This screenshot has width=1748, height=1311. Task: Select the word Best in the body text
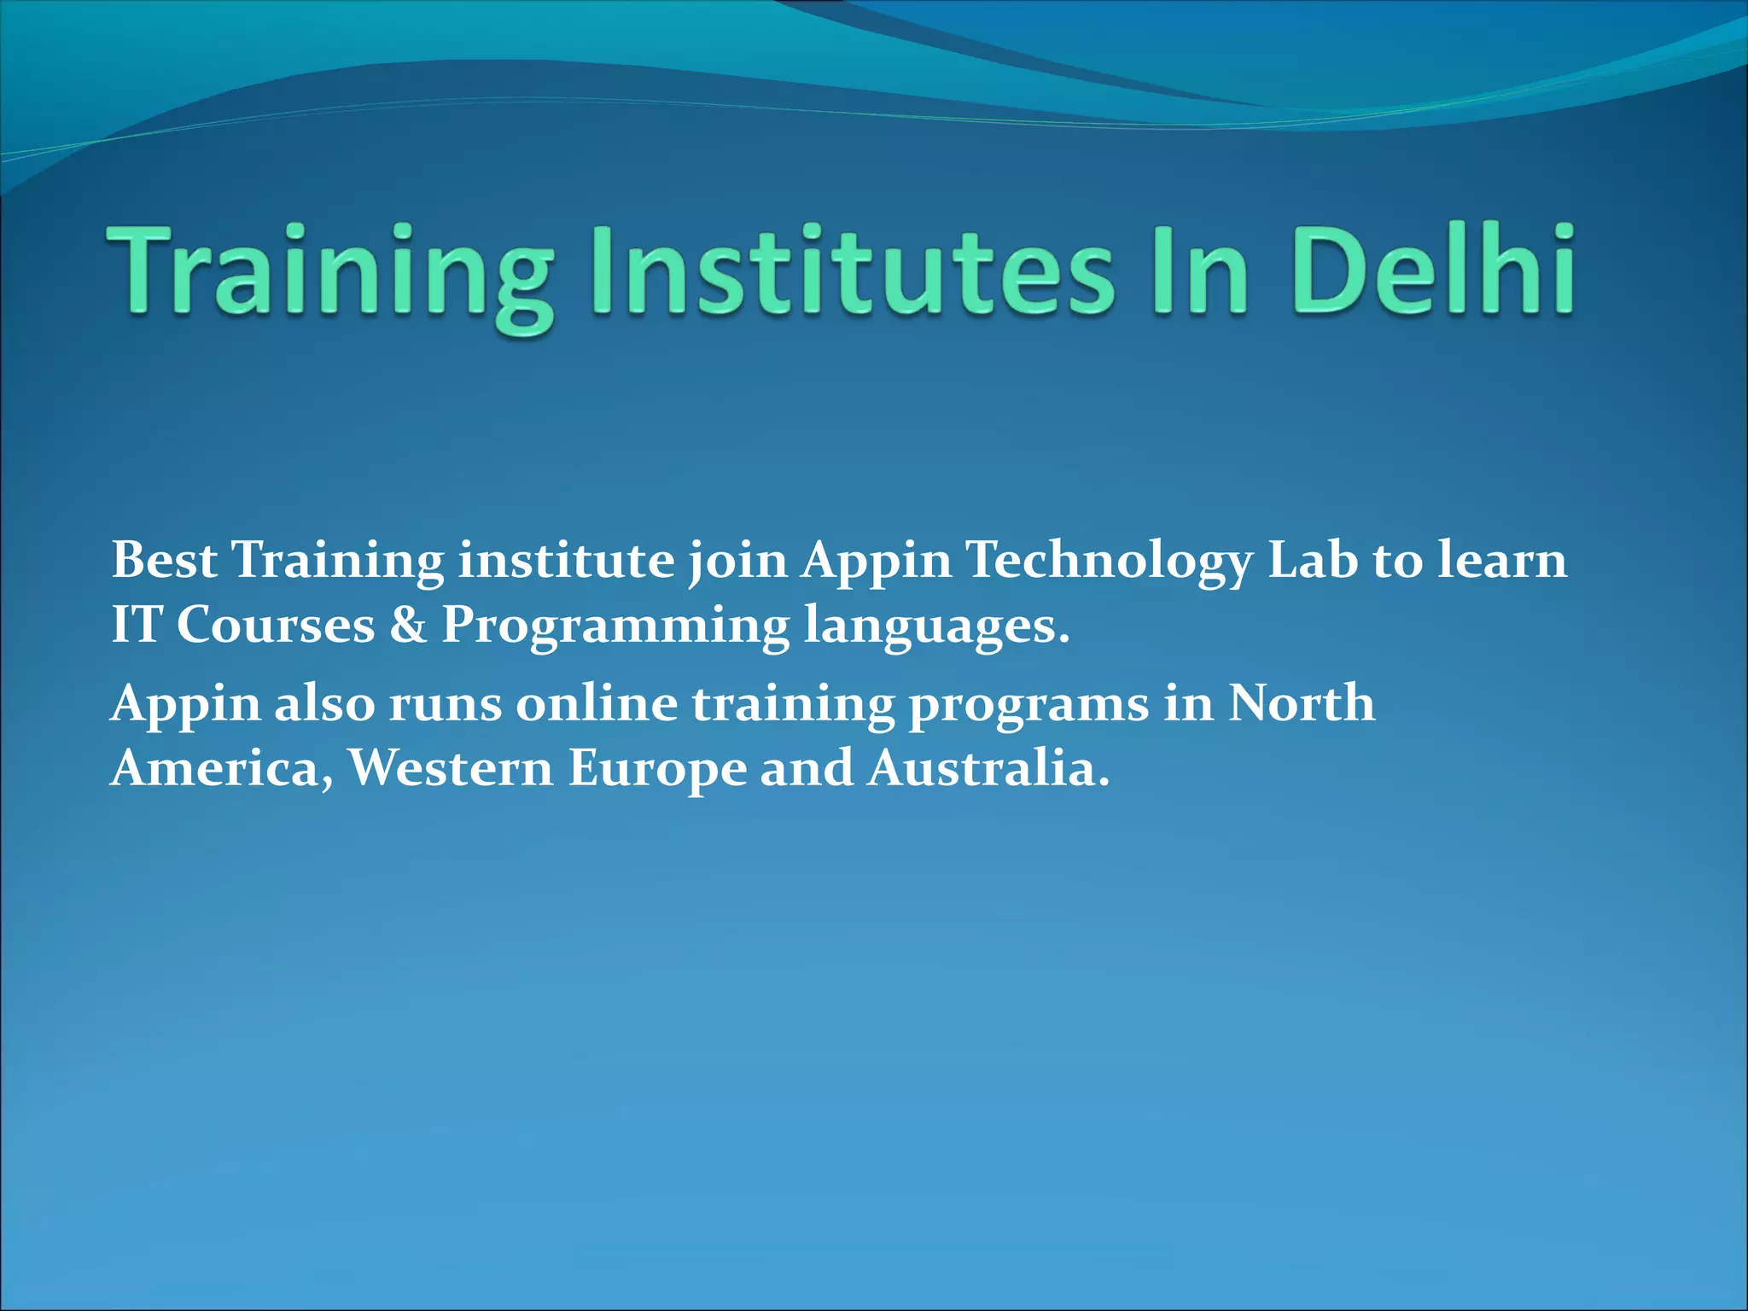click(164, 561)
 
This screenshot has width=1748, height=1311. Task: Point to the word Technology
click(1110, 562)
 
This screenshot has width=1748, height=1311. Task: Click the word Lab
click(1312, 561)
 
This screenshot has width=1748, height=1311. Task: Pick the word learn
click(1502, 561)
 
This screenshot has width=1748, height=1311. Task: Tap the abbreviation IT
click(137, 625)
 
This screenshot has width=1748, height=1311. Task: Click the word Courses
click(276, 625)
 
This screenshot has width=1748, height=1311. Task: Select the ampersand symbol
click(408, 625)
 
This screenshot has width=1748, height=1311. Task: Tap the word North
click(1301, 704)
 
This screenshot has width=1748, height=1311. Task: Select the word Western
click(451, 768)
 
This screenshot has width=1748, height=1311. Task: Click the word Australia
click(988, 768)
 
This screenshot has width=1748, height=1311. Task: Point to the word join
click(737, 562)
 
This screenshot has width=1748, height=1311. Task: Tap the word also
click(324, 704)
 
